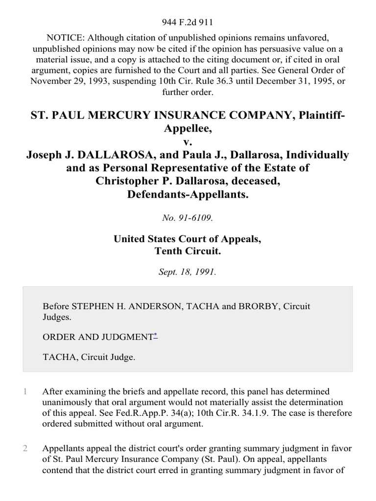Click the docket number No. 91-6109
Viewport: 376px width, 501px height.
click(x=188, y=218)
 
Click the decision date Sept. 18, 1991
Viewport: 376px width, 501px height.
click(x=188, y=272)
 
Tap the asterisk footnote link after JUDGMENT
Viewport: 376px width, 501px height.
click(x=156, y=335)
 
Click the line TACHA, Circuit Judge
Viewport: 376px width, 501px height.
click(x=89, y=357)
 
